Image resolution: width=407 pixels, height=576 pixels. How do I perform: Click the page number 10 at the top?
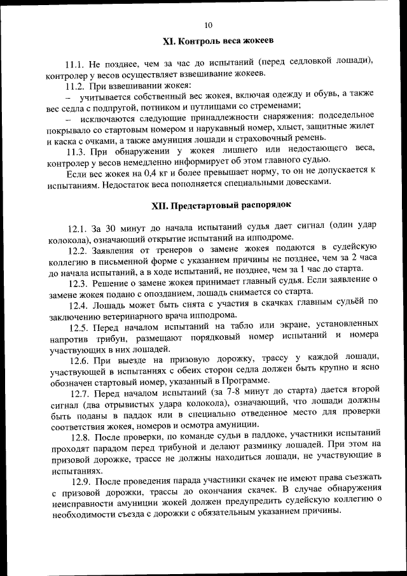(208, 25)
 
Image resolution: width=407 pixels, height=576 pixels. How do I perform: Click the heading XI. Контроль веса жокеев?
(217, 41)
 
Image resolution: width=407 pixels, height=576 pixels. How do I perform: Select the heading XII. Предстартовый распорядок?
(220, 206)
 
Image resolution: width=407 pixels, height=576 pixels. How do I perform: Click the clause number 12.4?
(79, 305)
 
